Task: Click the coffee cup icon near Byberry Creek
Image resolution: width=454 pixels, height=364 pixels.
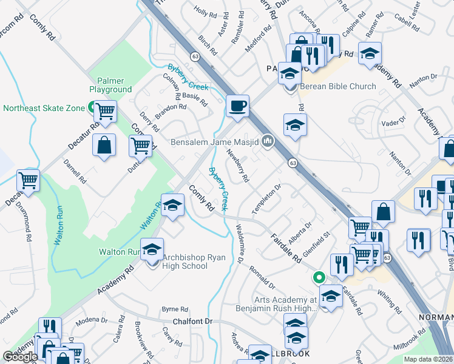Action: pyautogui.click(x=237, y=106)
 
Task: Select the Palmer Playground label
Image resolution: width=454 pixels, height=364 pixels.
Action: pyautogui.click(x=110, y=85)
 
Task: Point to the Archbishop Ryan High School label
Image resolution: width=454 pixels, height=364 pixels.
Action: pyautogui.click(x=186, y=262)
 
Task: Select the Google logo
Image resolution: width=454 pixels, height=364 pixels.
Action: pyautogui.click(x=20, y=357)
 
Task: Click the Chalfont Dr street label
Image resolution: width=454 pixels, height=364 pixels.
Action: pyautogui.click(x=193, y=321)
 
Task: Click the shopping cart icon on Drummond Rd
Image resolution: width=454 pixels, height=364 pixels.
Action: pyautogui.click(x=29, y=180)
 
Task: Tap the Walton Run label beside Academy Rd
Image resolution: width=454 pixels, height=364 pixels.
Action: pyautogui.click(x=120, y=252)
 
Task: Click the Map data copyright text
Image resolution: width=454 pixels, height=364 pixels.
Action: pyautogui.click(x=428, y=359)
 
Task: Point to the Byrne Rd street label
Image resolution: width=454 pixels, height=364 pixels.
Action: pyautogui.click(x=175, y=309)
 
